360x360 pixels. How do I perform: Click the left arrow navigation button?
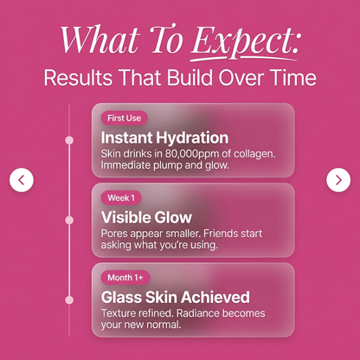click(22, 180)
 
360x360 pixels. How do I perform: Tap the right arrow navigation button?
click(338, 180)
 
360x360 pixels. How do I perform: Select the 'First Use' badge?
click(125, 118)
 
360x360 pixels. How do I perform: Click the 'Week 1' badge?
click(121, 197)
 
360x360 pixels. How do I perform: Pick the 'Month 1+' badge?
click(125, 277)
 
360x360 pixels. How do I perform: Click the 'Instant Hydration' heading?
click(164, 137)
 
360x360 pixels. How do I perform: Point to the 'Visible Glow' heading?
click(146, 216)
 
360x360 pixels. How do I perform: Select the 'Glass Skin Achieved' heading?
click(176, 297)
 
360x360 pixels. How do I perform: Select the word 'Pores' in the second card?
click(117, 233)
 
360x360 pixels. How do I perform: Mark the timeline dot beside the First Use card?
click(69, 139)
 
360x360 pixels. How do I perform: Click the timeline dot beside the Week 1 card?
click(69, 220)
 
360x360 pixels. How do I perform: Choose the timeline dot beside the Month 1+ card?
click(69, 299)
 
